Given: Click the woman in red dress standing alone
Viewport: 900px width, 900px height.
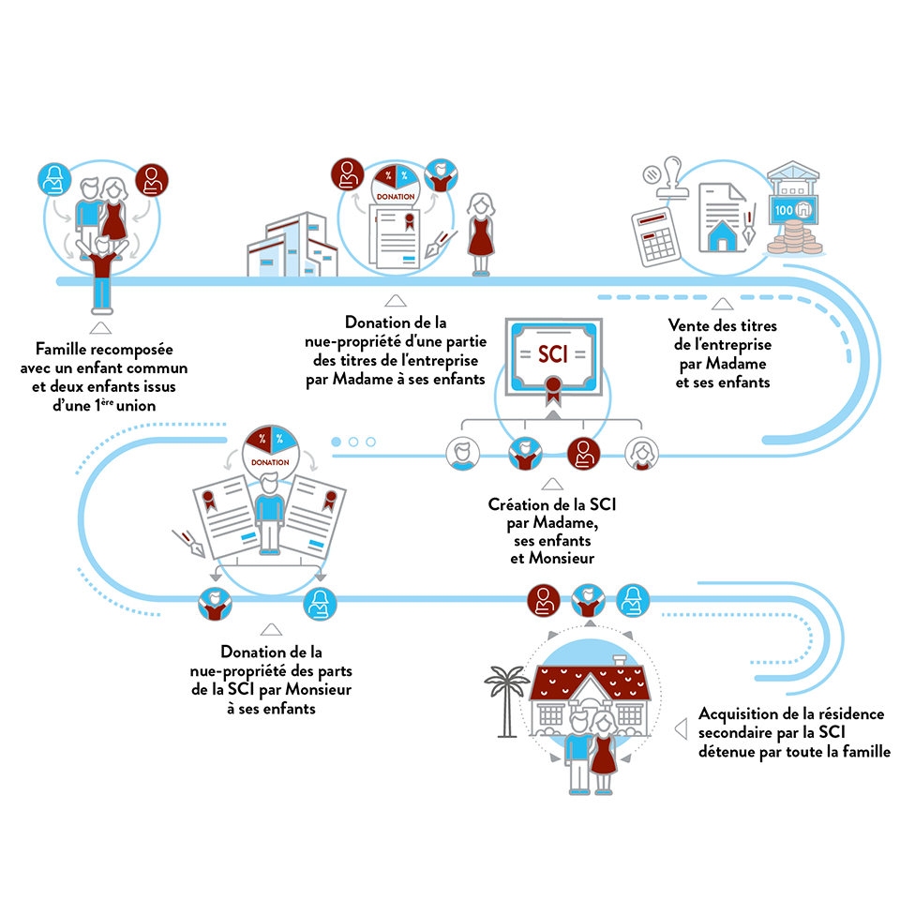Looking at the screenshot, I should (x=481, y=234).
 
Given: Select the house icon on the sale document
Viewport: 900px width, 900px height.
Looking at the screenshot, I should (x=722, y=236).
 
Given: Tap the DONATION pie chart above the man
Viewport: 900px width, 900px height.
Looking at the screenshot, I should (x=270, y=450).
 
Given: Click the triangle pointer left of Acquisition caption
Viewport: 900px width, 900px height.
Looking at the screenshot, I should (x=682, y=727).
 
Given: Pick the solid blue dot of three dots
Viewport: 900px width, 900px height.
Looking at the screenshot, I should (x=336, y=442).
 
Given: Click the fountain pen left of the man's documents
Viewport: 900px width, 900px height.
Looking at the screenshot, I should (x=185, y=542).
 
